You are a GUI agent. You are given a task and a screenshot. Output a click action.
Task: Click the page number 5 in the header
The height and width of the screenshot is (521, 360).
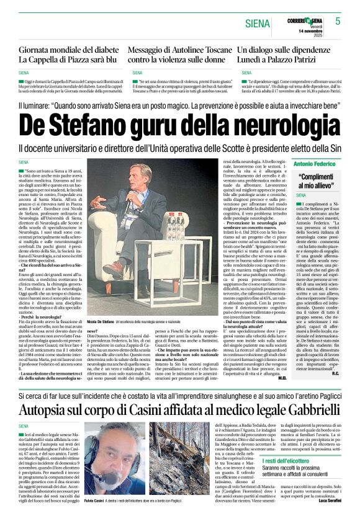[x=338, y=21]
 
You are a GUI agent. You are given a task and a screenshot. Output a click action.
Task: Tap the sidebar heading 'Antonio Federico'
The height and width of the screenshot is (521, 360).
[x=315, y=164]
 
